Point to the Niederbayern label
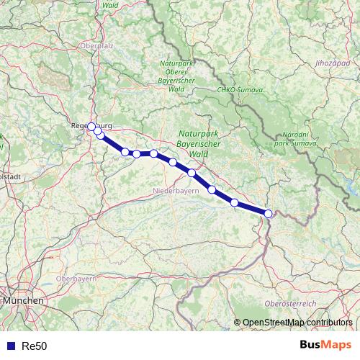(175, 191)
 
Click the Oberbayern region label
(76, 278)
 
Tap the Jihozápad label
(331, 63)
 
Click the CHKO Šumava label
(240, 90)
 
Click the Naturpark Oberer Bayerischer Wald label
(176, 76)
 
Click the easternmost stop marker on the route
(268, 213)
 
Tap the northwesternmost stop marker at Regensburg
(91, 127)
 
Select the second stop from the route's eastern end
(235, 202)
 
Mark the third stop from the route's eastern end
(212, 189)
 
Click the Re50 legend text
(35, 346)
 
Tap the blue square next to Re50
(10, 346)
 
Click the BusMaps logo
(325, 345)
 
